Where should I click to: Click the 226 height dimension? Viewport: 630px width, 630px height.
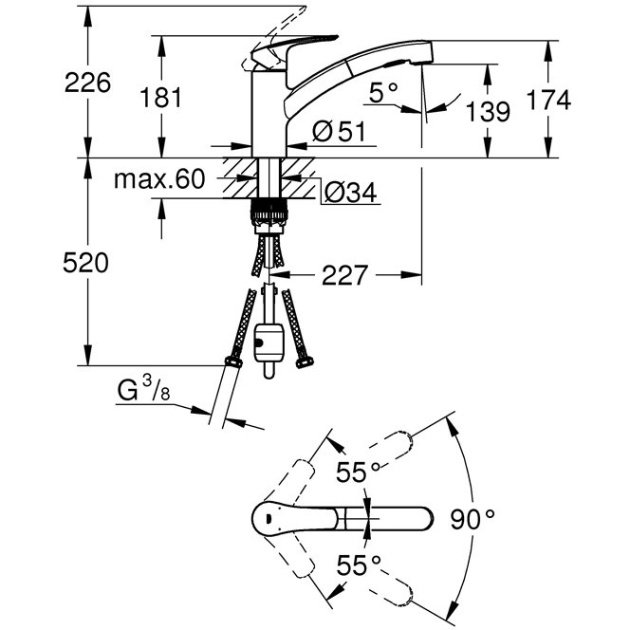point(87,83)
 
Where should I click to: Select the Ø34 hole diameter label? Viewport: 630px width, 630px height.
point(350,194)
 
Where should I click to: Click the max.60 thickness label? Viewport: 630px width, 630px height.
point(158,179)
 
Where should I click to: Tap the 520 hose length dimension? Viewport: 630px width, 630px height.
point(86,263)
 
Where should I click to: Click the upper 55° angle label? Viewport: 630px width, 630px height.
point(358,472)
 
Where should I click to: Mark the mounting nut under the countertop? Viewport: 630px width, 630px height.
point(269,213)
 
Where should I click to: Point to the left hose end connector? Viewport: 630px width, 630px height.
point(231,361)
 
